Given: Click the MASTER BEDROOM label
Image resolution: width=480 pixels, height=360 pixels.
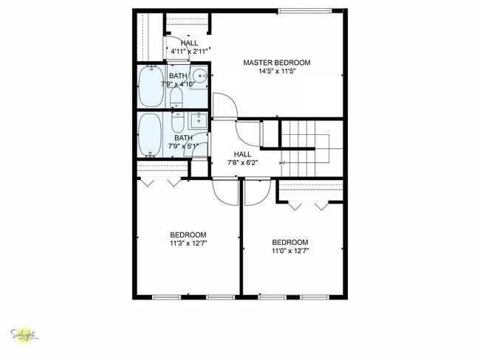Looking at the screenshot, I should [x=277, y=63].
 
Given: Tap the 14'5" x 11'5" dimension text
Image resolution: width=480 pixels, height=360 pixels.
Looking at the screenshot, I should [x=277, y=72].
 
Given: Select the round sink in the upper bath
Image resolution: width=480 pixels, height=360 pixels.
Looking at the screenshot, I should [x=199, y=75].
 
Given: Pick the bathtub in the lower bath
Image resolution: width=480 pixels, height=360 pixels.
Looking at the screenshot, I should [x=150, y=134].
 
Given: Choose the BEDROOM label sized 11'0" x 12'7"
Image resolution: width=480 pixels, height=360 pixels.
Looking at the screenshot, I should [x=289, y=242].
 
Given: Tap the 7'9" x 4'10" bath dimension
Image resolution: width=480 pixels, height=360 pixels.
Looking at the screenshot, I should [x=182, y=85].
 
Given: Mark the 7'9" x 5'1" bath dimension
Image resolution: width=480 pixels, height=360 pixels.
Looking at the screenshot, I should [x=183, y=146].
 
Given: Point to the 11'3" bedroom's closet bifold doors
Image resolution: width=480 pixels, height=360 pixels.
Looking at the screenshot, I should [x=162, y=180].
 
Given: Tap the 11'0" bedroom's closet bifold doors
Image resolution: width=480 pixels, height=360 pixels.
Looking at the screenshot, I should [x=309, y=204].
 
